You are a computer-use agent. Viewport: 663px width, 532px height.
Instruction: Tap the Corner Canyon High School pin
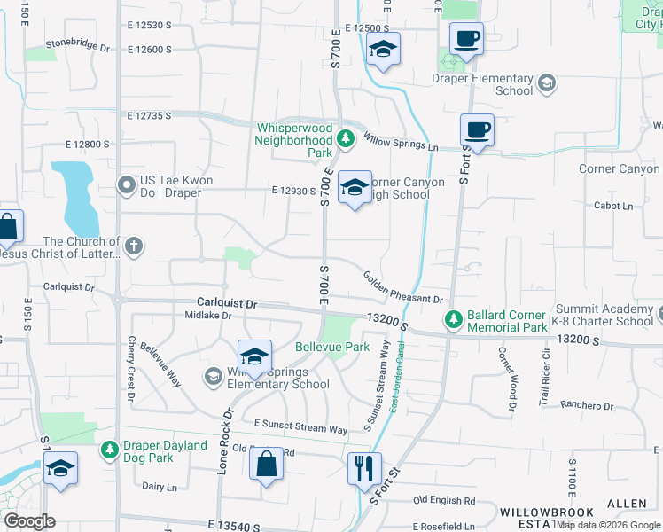tap(355, 187)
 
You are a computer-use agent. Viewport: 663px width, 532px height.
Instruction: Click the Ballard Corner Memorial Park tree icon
tap(454, 318)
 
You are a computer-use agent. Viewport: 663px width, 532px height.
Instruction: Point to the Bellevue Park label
tap(331, 347)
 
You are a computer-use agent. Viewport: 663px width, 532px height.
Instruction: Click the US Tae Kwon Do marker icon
tap(127, 185)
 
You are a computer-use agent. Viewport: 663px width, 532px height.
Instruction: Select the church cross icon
tap(134, 246)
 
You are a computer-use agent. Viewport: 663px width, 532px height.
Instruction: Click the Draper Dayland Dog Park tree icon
tap(110, 450)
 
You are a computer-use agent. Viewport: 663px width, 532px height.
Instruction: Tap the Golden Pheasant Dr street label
tap(403, 288)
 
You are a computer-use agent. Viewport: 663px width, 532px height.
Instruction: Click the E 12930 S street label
tap(293, 191)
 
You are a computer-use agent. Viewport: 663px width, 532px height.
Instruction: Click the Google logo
tap(29, 520)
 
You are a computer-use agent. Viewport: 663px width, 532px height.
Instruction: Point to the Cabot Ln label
tap(613, 206)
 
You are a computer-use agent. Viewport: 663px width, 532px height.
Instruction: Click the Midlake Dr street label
tap(207, 315)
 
